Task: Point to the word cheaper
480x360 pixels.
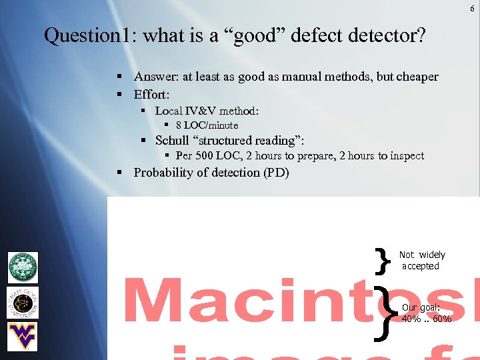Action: point(417,77)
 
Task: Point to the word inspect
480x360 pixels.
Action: point(407,156)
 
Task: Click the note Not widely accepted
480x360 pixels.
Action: point(421,261)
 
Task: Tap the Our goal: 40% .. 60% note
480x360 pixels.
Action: point(426,313)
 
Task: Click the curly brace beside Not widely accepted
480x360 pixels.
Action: point(382,261)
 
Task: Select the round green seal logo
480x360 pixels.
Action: point(23,267)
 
